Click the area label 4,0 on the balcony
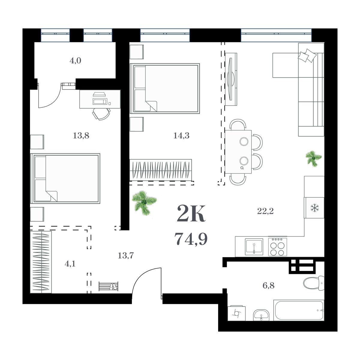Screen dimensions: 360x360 [x=75, y=61]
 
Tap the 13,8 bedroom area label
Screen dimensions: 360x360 [x=81, y=136]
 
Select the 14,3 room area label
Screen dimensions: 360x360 [x=181, y=136]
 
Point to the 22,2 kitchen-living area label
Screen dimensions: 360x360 [x=265, y=211]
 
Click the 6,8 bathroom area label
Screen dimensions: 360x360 [x=268, y=286]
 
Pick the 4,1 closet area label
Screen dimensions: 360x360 [x=70, y=264]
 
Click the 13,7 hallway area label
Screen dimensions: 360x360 [x=126, y=256]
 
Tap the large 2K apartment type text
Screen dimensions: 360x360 [x=191, y=214]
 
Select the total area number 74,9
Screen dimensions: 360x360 [x=191, y=239]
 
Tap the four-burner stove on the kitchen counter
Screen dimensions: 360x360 [x=277, y=247]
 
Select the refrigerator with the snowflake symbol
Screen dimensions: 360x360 [x=314, y=208]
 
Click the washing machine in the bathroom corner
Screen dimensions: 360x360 [x=237, y=313]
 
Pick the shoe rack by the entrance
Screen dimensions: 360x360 [x=108, y=286]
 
